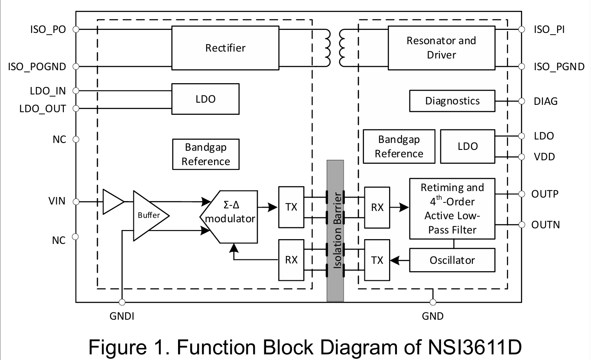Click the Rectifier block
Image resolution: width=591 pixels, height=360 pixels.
click(x=225, y=48)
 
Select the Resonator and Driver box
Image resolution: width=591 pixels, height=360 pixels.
click(x=441, y=48)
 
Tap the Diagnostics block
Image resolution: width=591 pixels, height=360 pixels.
click(x=452, y=101)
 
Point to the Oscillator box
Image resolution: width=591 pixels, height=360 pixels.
click(x=452, y=260)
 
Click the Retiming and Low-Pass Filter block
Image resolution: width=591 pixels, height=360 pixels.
click(x=452, y=208)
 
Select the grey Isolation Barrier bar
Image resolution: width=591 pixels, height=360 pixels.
click(x=335, y=230)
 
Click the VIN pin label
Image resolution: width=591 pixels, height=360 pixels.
click(x=57, y=201)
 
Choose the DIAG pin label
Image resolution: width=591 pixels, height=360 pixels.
click(x=546, y=101)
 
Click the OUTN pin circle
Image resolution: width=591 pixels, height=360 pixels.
click(x=521, y=225)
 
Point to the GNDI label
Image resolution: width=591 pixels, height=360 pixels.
click(x=122, y=316)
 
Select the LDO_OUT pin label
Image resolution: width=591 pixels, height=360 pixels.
click(x=42, y=108)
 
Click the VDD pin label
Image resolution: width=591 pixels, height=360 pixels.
click(x=544, y=157)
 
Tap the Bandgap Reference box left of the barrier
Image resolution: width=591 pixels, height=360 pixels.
click(x=206, y=154)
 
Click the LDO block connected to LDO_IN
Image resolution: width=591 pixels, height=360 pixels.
click(x=205, y=99)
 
